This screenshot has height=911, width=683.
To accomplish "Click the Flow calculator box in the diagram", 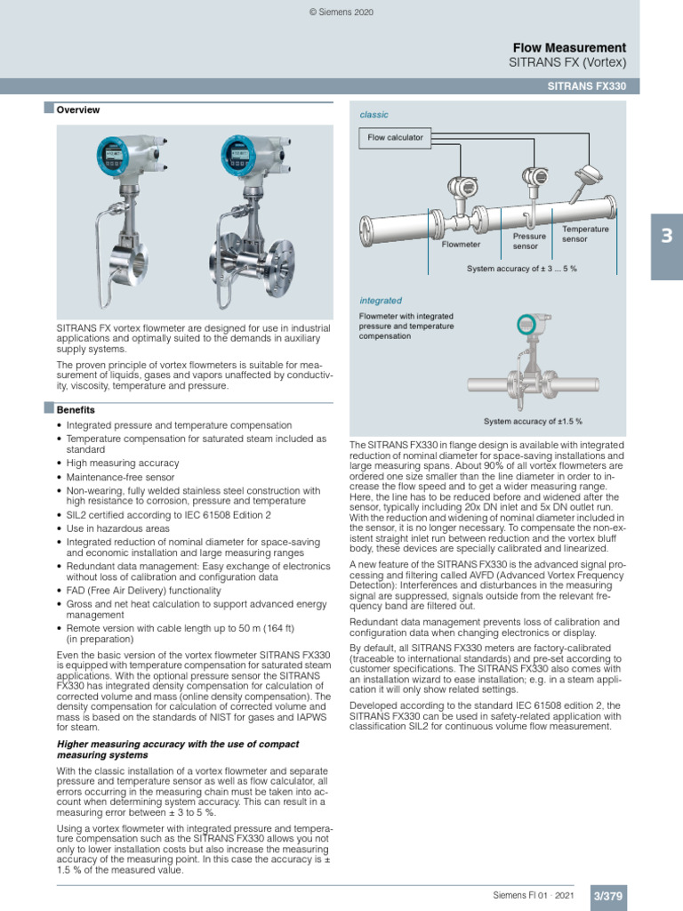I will click(396, 138).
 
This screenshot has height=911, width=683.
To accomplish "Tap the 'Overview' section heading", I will click(78, 110).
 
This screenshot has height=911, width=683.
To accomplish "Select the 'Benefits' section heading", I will click(76, 410).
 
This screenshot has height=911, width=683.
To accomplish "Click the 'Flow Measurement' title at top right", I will click(569, 47).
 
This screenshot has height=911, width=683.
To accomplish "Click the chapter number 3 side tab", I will click(666, 238).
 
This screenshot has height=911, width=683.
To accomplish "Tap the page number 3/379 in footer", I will click(608, 898).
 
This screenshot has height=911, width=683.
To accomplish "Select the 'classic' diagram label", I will click(374, 115).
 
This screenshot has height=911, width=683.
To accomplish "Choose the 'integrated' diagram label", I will click(380, 301).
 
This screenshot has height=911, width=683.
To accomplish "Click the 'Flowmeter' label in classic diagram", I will click(461, 243).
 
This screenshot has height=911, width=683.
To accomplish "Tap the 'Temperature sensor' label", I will click(585, 234).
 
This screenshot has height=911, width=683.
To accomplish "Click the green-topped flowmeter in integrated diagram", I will click(533, 329).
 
